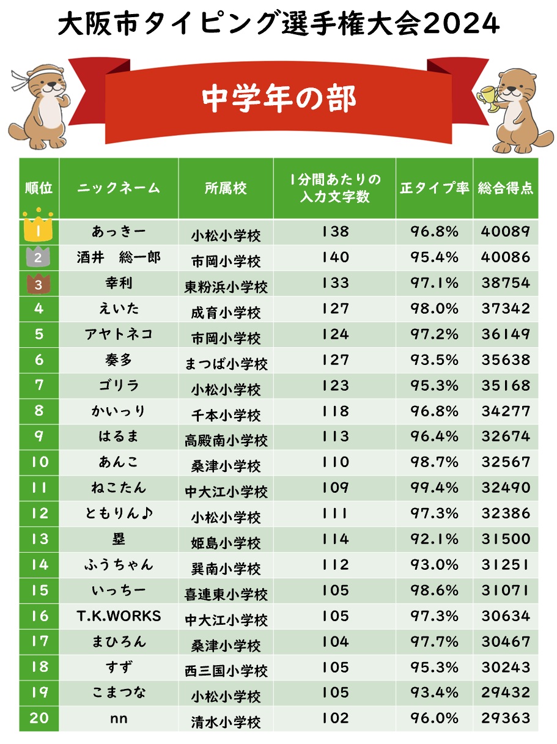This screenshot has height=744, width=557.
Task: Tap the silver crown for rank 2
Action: [38, 257]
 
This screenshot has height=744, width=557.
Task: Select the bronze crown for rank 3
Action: [38, 283]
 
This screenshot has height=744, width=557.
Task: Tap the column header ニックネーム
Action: [119, 188]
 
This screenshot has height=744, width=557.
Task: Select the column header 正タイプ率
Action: [434, 188]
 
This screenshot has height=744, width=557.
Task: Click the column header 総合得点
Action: [505, 188]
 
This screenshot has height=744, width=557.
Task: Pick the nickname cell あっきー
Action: [119, 232]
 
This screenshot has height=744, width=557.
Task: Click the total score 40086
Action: [505, 257]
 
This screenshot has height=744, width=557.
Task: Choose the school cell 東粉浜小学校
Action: [226, 286]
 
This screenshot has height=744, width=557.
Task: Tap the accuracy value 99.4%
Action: [434, 488]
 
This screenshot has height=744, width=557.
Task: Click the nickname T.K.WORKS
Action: [119, 616]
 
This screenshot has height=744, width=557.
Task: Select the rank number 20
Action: [39, 718]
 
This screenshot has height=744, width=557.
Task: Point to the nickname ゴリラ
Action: [119, 386]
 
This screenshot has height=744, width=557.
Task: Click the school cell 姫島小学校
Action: [226, 542]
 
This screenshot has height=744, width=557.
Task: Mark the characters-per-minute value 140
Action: [335, 257]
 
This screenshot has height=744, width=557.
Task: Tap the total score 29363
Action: [505, 718]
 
